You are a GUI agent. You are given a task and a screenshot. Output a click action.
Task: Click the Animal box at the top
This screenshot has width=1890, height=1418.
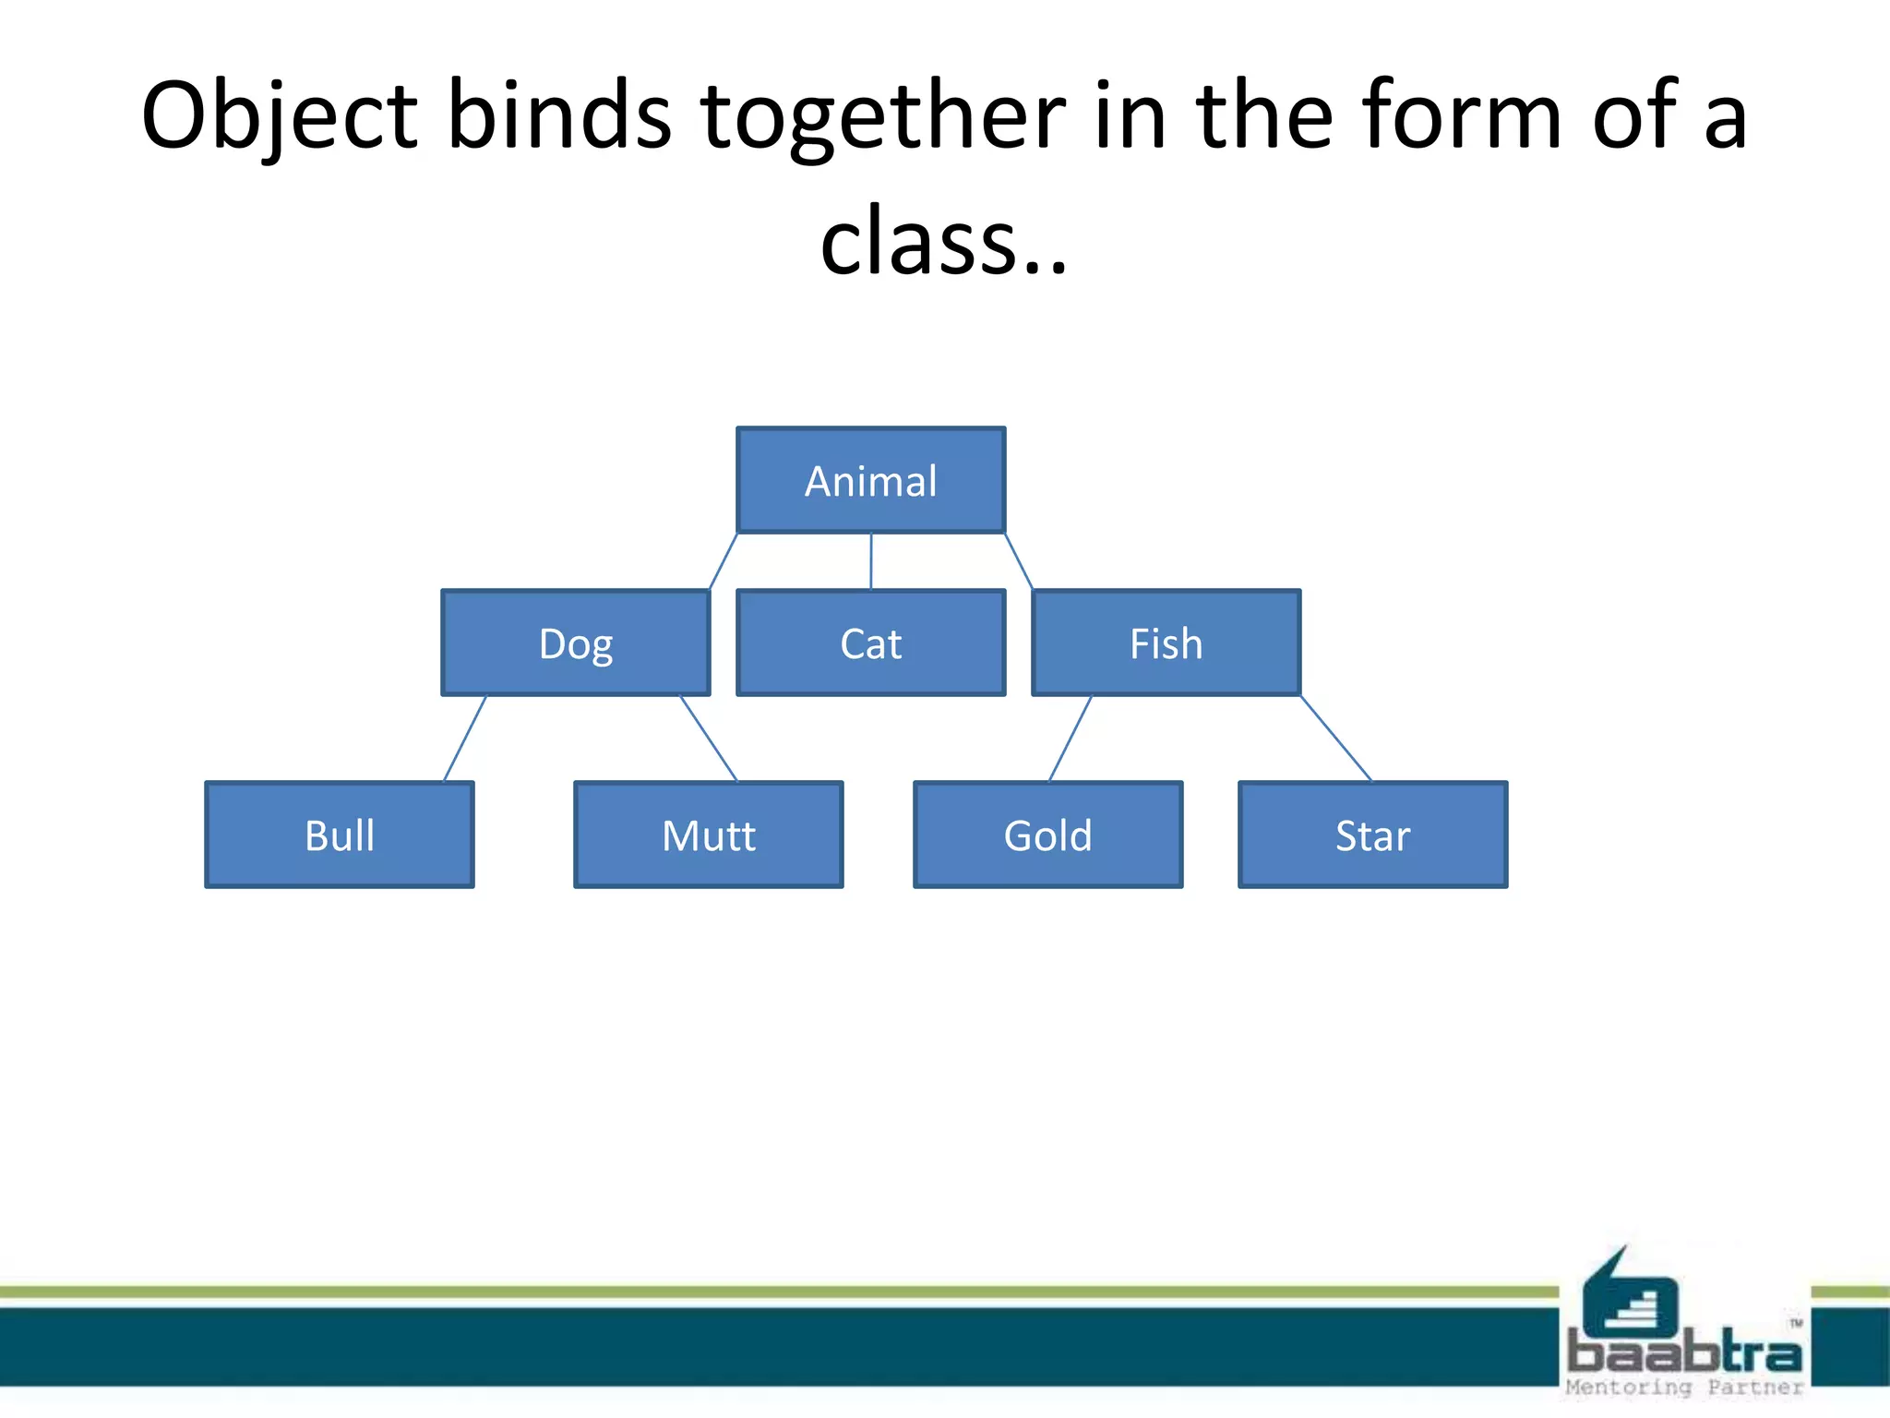[x=870, y=480]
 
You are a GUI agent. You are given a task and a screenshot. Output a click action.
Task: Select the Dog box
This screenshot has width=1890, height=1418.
[x=575, y=643]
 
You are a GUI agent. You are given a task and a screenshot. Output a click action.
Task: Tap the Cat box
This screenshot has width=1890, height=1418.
[x=870, y=643]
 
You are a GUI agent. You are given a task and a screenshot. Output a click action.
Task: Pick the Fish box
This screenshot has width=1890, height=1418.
[x=1166, y=643]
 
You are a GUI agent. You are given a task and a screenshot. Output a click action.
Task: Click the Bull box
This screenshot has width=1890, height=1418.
[x=339, y=835]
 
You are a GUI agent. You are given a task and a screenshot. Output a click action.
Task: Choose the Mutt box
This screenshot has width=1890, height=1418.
[x=708, y=835]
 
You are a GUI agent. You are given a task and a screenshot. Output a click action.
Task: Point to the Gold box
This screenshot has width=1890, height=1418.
[x=1047, y=835]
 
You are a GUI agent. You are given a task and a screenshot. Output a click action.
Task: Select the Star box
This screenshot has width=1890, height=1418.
[x=1372, y=835]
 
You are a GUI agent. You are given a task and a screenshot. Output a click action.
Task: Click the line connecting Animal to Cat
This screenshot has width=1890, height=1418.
[x=870, y=561]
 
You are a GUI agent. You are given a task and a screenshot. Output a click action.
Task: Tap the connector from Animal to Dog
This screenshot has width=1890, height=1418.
[x=723, y=561]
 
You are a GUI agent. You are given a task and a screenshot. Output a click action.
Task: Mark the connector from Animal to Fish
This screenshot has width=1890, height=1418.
[x=1019, y=561]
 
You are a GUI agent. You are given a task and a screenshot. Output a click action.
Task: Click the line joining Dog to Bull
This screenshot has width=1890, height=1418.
[x=464, y=739]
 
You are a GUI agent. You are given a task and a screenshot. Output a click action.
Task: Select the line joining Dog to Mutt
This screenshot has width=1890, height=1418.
[x=709, y=739]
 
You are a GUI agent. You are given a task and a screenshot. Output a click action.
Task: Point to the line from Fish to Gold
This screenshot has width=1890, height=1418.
[x=1071, y=739]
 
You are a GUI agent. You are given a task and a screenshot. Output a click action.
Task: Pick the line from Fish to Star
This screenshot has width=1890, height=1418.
[x=1335, y=739]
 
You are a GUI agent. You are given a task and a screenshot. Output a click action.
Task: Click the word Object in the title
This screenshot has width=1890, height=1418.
[x=280, y=117]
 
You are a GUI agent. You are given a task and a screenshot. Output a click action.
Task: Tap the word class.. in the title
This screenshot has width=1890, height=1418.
[x=943, y=242]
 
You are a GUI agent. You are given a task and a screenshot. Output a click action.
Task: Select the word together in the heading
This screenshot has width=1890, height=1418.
[x=883, y=117]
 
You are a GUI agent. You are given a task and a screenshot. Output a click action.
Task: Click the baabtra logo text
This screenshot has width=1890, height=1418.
[x=1684, y=1353]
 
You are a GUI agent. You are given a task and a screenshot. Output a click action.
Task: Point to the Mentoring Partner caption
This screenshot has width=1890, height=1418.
[x=1684, y=1388]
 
